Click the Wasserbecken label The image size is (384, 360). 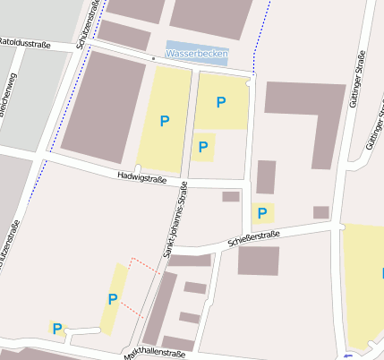tap(197, 54)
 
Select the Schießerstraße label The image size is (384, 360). tap(254, 237)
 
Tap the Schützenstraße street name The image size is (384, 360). tap(88, 23)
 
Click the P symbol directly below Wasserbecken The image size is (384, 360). tap(220, 102)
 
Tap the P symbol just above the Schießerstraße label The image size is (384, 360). tap(262, 213)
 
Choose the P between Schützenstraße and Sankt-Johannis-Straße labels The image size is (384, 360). tap(165, 121)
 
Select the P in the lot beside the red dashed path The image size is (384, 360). tap(113, 299)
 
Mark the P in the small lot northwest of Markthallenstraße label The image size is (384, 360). tap(57, 329)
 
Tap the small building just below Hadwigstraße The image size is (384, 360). tap(231, 196)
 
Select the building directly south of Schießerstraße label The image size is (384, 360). tap(259, 261)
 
